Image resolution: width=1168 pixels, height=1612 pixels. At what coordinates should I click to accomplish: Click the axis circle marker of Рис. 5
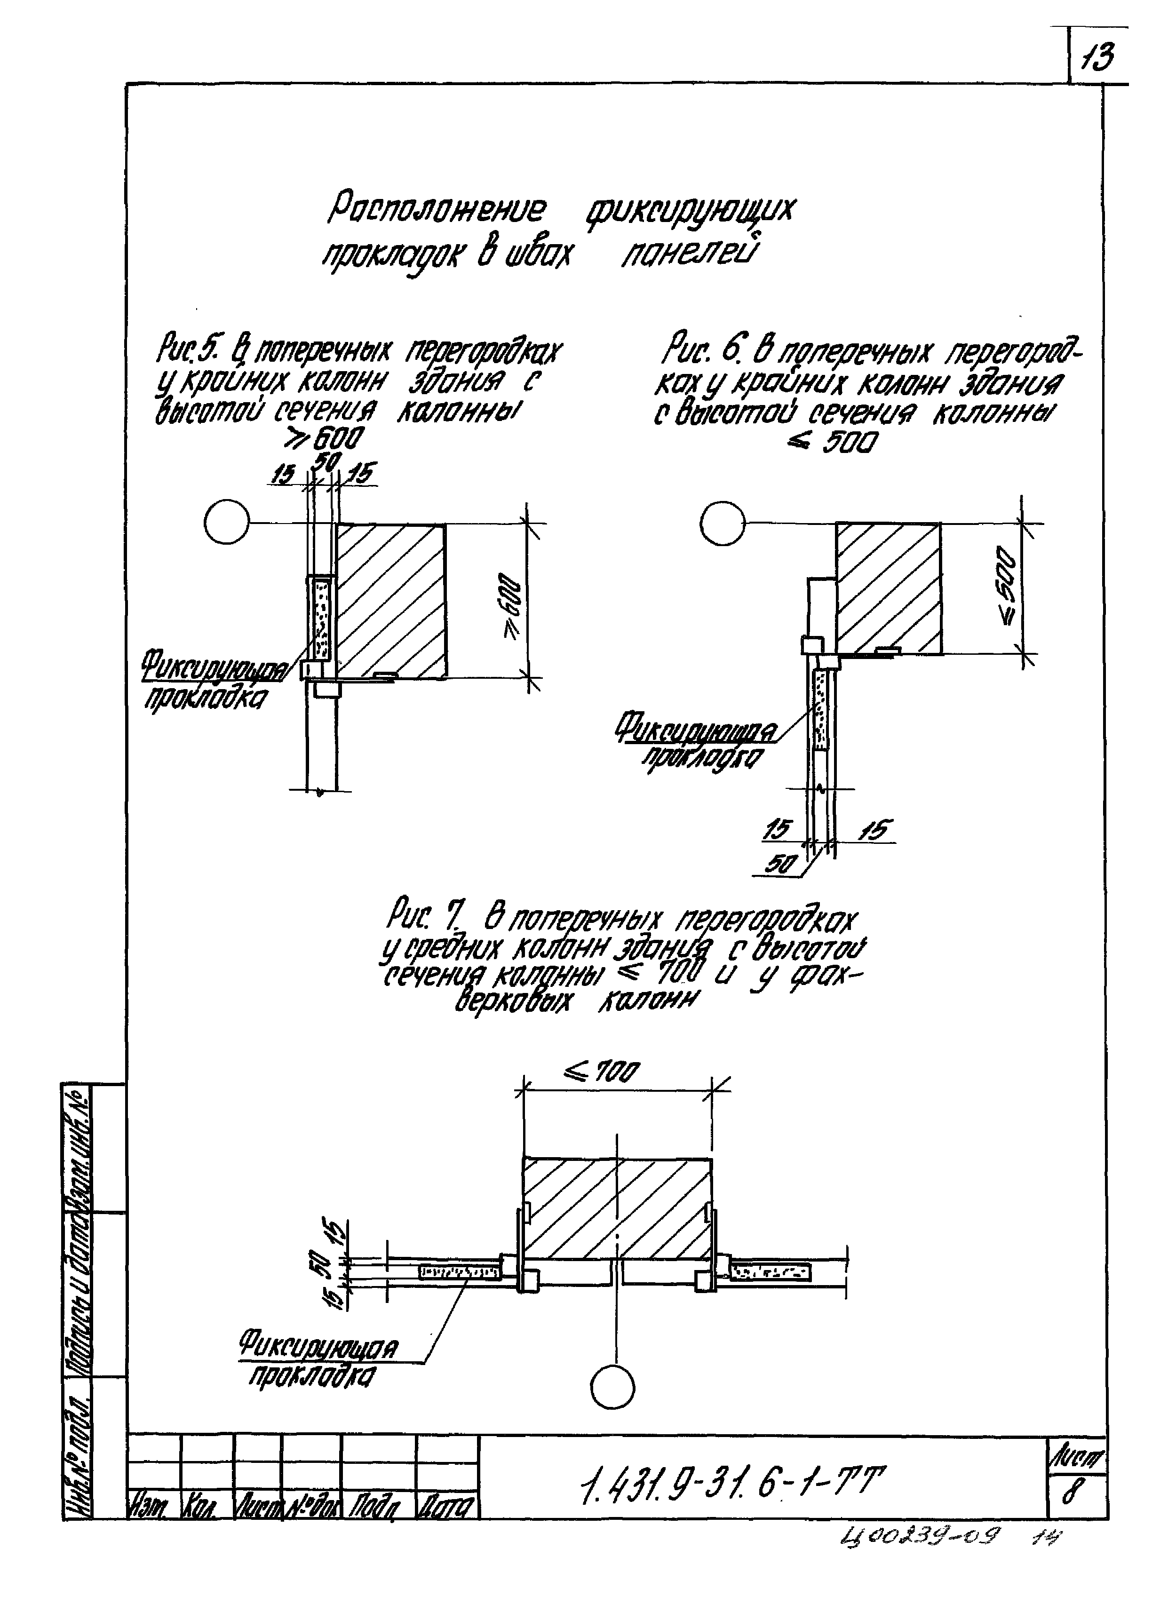click(x=227, y=524)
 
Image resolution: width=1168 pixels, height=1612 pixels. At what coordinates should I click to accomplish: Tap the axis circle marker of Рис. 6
click(x=722, y=524)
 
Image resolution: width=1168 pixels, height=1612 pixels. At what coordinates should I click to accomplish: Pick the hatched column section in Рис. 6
click(x=889, y=588)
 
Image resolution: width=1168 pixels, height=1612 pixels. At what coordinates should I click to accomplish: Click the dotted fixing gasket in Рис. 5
click(x=321, y=617)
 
